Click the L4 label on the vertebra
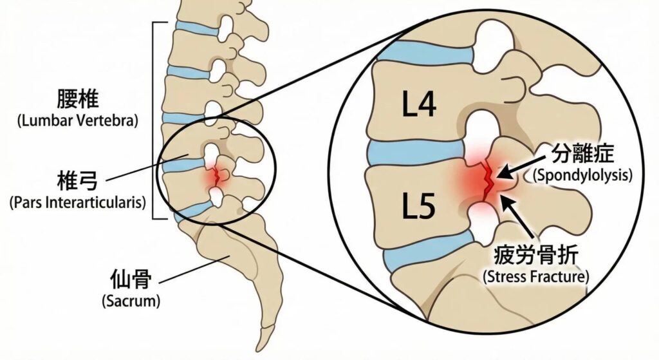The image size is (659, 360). tap(419, 104)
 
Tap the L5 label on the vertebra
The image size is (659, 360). tap(418, 206)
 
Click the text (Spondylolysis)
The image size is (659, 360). tap(582, 175)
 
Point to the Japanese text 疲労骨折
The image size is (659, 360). tap(536, 254)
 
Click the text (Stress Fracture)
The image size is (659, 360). tap(536, 277)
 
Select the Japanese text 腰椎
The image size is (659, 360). tap(78, 99)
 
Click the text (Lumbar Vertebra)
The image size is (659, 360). tap(78, 120)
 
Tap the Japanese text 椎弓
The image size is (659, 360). tap(77, 181)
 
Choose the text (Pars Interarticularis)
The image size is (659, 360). tap(78, 202)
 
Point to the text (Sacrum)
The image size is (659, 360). tap(131, 301)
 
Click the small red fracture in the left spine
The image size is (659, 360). tap(217, 176)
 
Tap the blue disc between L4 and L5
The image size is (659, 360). tap(416, 154)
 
